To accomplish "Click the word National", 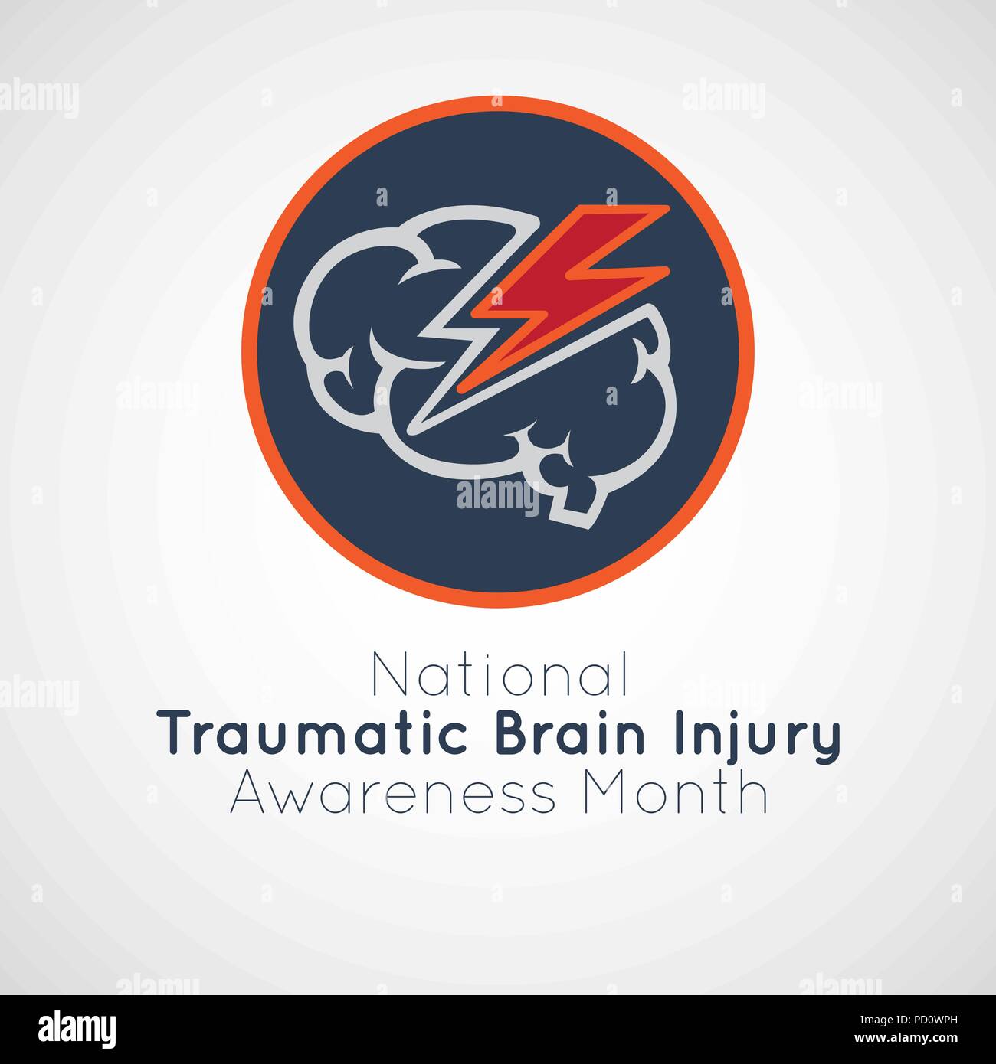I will pos(499,674).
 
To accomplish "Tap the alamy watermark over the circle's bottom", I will pos(497,494).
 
